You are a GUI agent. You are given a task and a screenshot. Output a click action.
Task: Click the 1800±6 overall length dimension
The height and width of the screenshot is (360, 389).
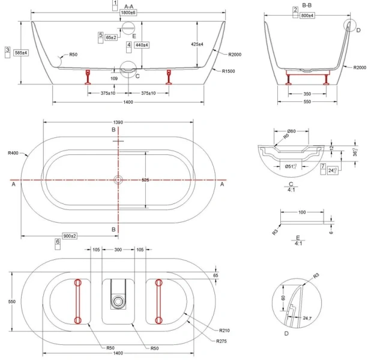[128, 13]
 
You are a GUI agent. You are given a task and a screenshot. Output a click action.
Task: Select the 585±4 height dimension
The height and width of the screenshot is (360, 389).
[20, 53]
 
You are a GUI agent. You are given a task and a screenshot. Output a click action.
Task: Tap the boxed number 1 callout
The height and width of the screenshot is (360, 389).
[115, 4]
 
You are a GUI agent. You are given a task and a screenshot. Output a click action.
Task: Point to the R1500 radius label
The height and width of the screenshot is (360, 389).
[228, 71]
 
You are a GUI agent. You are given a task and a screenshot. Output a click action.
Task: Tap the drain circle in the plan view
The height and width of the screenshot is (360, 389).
[118, 179]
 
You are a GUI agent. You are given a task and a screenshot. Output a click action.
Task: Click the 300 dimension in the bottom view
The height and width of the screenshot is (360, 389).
[118, 250]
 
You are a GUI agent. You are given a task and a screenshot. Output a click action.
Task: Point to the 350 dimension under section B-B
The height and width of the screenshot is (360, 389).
[307, 94]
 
